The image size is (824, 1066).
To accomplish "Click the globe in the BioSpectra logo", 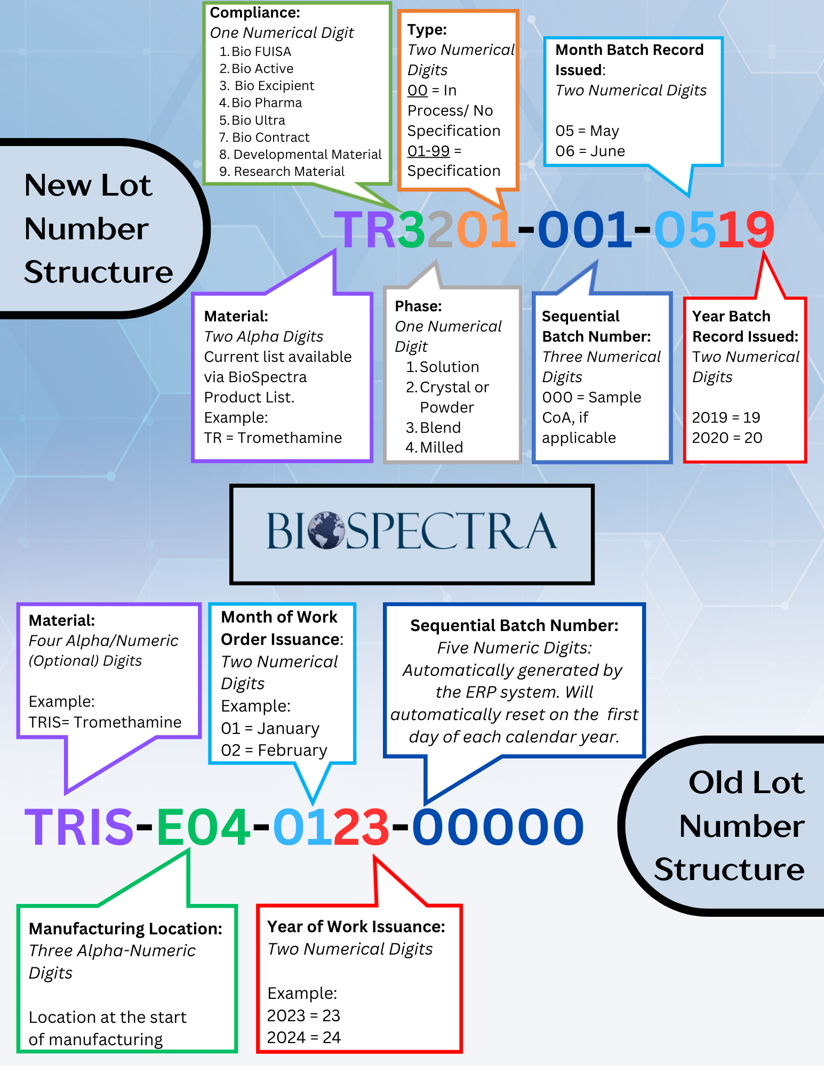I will coord(326,530).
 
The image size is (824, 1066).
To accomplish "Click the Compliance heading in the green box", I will coord(255,13).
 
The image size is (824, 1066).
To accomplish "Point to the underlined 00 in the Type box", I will coord(417,91).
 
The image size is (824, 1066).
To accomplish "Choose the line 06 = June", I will coord(590,151).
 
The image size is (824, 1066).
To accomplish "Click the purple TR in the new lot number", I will coord(365,230).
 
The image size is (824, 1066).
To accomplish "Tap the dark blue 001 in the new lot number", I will coord(585,230).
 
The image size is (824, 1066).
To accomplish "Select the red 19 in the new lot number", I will coord(746,230).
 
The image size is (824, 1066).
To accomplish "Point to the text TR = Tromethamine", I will coord(273,438).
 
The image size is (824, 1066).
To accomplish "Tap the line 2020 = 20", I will coord(727,438).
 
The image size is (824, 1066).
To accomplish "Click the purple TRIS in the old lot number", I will coord(79,827).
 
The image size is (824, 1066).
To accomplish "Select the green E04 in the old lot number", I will coord(203,827).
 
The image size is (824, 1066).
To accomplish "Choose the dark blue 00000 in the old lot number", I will coord(498,827).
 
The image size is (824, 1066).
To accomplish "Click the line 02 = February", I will coord(274,750).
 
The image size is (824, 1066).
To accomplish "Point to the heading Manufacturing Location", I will coord(125,929).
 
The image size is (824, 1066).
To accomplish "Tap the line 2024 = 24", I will coord(303,1038).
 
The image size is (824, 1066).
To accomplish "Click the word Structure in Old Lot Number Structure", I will coord(729,870).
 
